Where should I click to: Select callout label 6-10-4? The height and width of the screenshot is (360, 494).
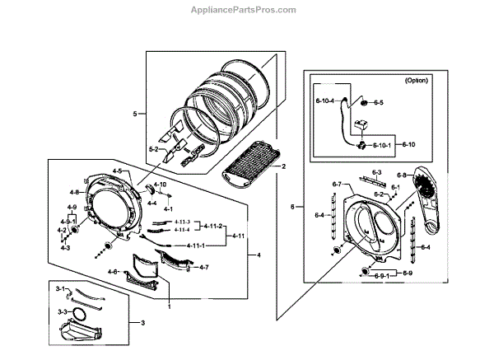coord(324,101)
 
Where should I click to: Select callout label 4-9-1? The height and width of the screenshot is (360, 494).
coord(68,222)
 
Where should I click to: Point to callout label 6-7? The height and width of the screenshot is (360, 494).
coord(337,183)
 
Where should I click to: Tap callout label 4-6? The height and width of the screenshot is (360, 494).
coord(114,271)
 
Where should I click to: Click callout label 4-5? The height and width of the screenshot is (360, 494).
coord(117,171)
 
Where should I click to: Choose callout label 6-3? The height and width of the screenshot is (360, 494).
coord(378,172)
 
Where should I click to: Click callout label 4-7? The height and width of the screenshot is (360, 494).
coord(204,267)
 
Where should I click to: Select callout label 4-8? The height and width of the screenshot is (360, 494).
coord(73,192)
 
